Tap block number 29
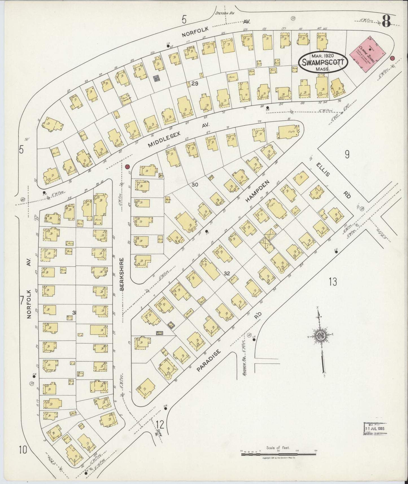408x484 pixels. (195, 84)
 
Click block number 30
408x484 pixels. (195, 185)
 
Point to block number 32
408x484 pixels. (227, 273)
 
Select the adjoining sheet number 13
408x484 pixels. (333, 282)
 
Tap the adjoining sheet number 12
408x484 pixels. (160, 424)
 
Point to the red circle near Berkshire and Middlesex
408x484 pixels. (127, 167)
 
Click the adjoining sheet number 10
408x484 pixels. (23, 449)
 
